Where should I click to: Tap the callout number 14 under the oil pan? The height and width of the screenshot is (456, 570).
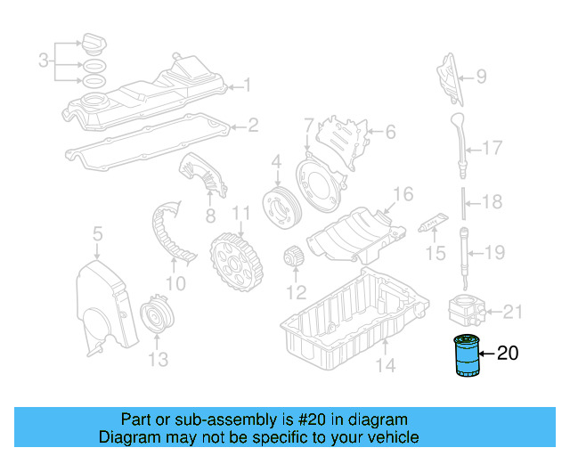(x=384, y=364)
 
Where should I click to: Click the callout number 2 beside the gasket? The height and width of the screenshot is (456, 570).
(x=253, y=126)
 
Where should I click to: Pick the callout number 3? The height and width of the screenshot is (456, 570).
(x=43, y=61)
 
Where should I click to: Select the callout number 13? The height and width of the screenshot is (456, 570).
(x=157, y=360)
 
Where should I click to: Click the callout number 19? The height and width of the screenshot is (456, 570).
(x=495, y=251)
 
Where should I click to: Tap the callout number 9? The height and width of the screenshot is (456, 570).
(x=480, y=77)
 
